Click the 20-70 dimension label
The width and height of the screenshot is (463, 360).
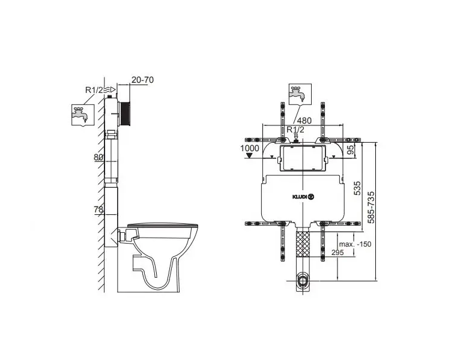tap(142, 80)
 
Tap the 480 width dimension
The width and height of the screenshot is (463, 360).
tap(304, 121)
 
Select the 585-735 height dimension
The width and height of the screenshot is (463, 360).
tap(371, 208)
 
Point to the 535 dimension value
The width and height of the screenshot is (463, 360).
tap(357, 188)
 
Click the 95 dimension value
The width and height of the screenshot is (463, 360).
tap(351, 150)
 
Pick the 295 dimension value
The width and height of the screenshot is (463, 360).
tap(337, 253)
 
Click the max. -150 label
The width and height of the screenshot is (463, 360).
tap(355, 244)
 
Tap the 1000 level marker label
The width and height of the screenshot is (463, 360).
tap(249, 148)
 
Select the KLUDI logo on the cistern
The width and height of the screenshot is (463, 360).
tap(303, 197)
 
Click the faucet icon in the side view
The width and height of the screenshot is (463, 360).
tap(83, 115)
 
